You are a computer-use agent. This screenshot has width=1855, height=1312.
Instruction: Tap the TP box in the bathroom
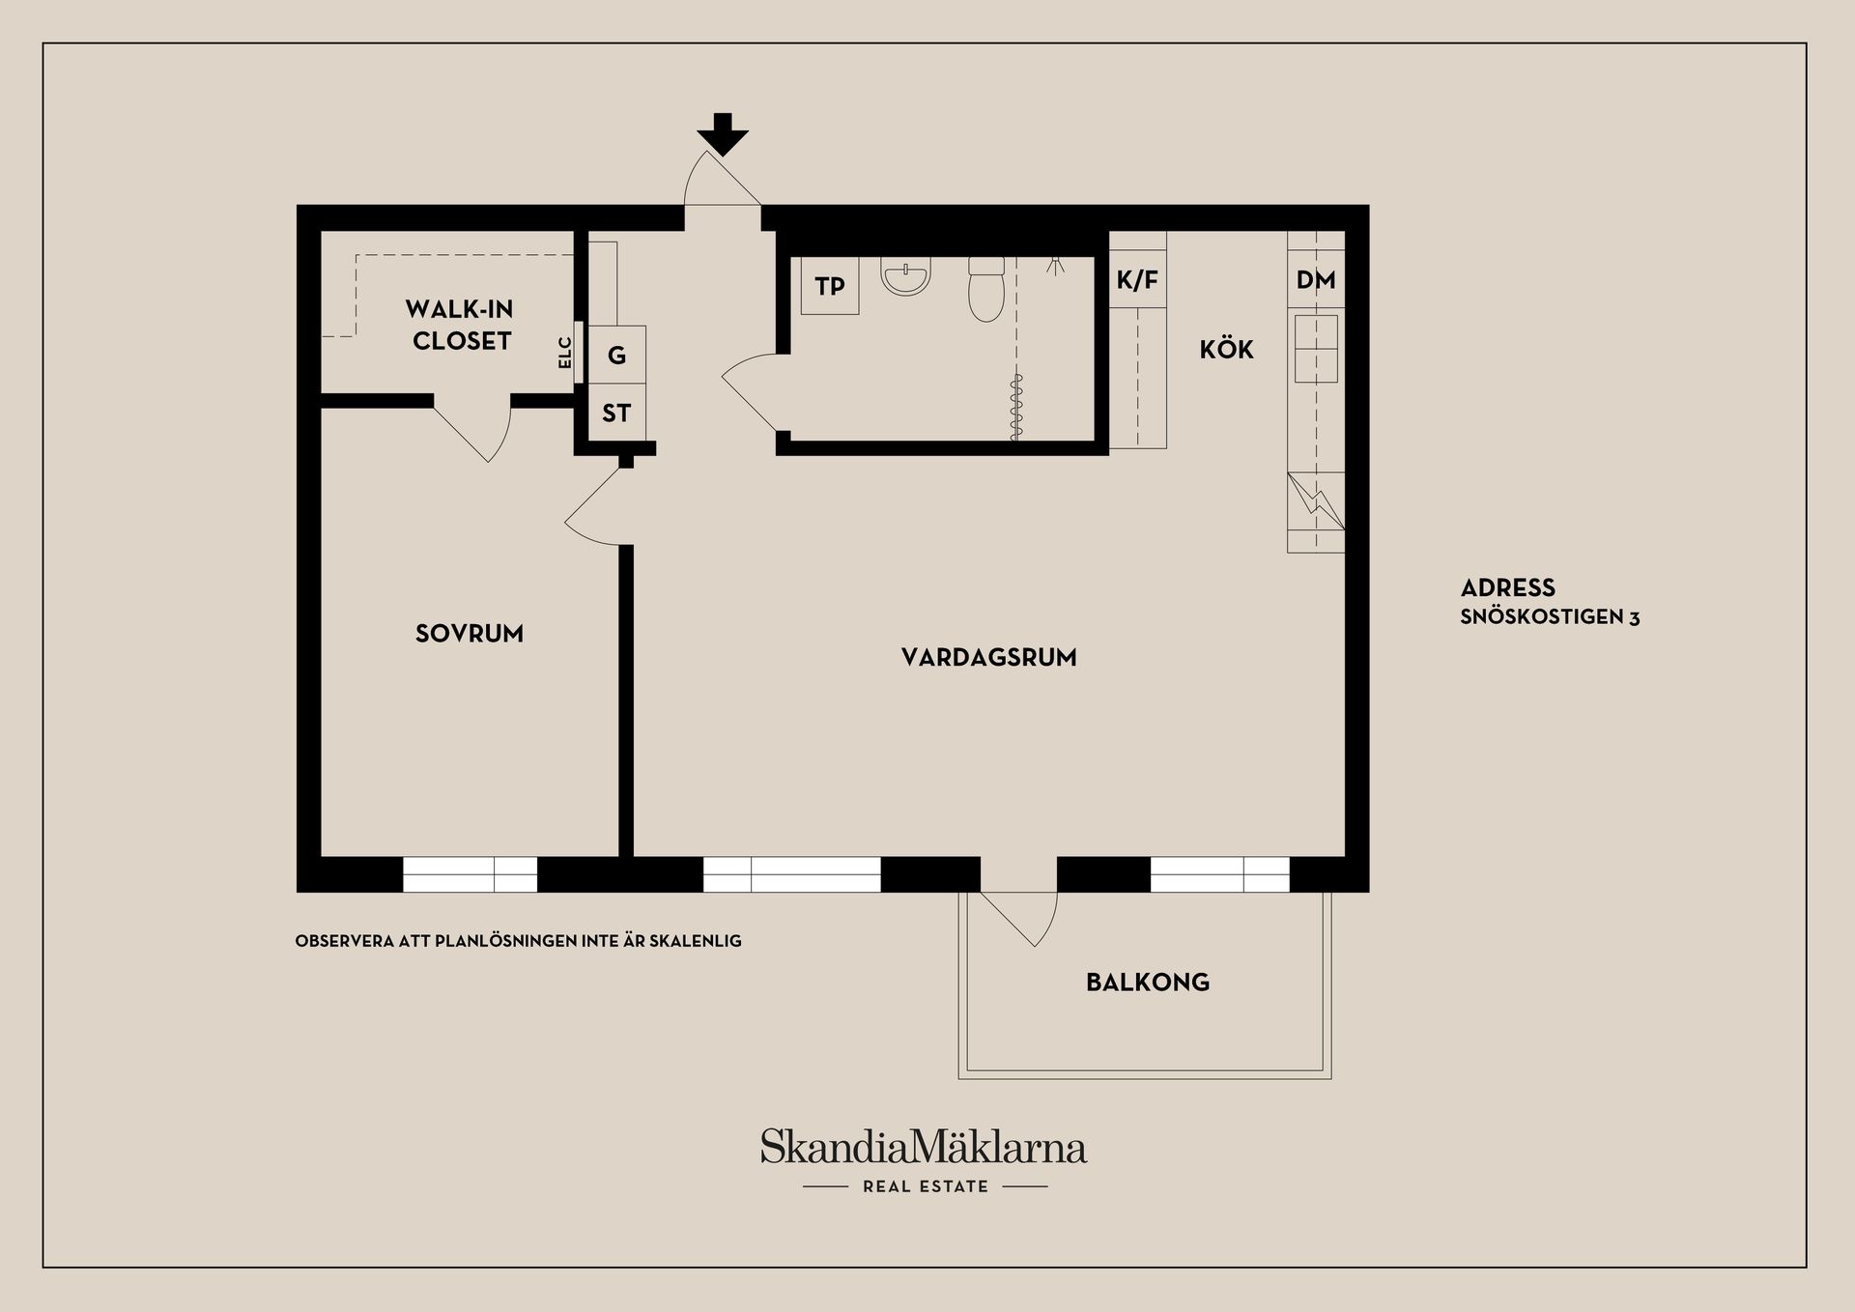[x=830, y=285]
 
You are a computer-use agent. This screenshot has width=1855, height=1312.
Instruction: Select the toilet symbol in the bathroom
[x=986, y=288]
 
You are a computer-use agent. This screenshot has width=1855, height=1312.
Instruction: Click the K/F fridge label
[x=1137, y=280]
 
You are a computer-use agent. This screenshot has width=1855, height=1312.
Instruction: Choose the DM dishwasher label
[x=1316, y=280]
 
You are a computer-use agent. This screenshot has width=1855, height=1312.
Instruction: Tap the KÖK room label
[x=1226, y=349]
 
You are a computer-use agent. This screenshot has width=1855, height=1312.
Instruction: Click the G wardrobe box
[x=616, y=355]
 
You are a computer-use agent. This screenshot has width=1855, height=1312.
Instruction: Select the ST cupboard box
[x=616, y=413]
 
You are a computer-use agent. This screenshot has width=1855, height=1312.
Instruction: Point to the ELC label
[x=565, y=353]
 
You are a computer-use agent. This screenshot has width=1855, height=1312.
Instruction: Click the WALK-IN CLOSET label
[x=460, y=325]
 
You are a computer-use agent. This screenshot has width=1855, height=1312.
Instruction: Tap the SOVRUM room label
[x=470, y=634]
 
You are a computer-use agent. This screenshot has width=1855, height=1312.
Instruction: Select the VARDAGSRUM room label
[x=988, y=657]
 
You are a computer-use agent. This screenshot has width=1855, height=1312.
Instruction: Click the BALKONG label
[x=1148, y=983]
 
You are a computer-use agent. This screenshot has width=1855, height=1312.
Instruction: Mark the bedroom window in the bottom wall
[x=470, y=874]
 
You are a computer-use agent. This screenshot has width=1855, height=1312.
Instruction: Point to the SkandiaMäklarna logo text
[x=923, y=1147]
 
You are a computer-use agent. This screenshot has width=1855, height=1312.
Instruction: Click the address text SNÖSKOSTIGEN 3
[x=1550, y=617]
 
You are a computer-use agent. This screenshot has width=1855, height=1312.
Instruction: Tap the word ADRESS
[x=1507, y=587]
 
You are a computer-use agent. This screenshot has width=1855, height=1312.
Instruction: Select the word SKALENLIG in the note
[x=698, y=940]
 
